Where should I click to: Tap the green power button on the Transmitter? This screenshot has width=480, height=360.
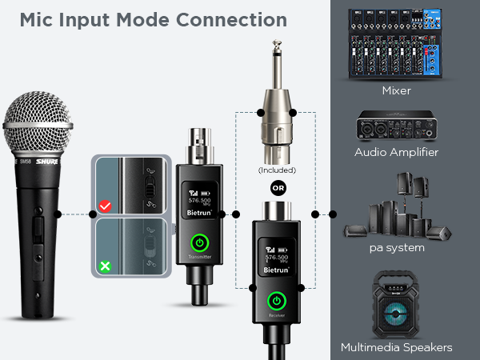tap(200, 242)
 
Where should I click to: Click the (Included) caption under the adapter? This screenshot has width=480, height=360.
tap(277, 170)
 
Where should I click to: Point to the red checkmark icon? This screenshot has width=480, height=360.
tap(104, 207)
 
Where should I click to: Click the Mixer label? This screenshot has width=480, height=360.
tap(396, 91)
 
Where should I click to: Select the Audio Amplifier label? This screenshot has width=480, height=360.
tap(396, 152)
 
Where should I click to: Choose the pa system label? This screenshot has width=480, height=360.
tap(396, 248)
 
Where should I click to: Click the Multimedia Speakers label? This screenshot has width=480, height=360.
tap(396, 347)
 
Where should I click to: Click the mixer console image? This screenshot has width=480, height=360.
tap(395, 43)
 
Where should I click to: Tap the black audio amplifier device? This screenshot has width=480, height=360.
tap(396, 125)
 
